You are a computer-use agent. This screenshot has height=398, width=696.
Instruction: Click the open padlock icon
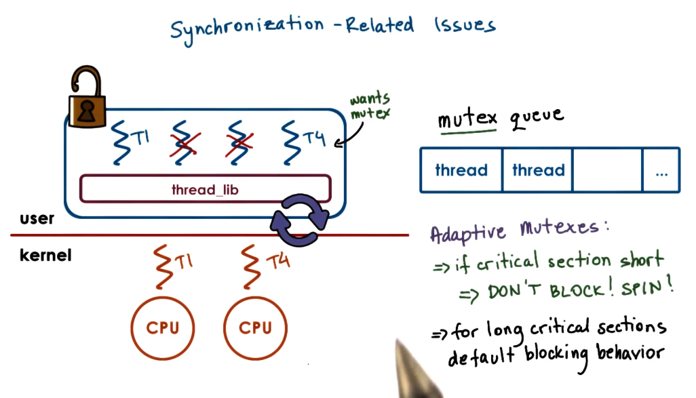click(x=85, y=99)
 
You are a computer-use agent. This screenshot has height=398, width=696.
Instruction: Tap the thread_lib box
click(x=205, y=189)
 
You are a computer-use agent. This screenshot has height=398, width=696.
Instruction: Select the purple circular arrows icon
click(x=300, y=219)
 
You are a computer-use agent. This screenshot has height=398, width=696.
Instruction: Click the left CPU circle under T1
click(x=163, y=329)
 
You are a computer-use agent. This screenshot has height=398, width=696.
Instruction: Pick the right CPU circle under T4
click(x=255, y=329)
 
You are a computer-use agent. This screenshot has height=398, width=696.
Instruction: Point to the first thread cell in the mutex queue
click(x=461, y=170)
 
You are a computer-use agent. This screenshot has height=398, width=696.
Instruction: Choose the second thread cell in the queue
click(x=539, y=170)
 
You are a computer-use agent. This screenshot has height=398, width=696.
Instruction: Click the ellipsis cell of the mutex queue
click(x=661, y=170)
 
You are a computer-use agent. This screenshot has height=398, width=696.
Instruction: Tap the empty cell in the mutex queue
click(x=608, y=170)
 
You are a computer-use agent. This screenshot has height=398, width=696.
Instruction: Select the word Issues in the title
click(x=465, y=25)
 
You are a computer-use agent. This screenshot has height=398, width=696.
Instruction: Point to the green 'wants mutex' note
click(x=370, y=106)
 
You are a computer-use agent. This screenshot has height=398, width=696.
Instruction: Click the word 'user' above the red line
click(x=37, y=219)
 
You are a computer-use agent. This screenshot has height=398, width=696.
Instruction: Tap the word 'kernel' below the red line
click(x=45, y=256)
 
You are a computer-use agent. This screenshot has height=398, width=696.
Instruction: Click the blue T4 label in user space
click(x=313, y=139)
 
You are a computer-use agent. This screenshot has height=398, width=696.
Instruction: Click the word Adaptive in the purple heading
click(x=468, y=232)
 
